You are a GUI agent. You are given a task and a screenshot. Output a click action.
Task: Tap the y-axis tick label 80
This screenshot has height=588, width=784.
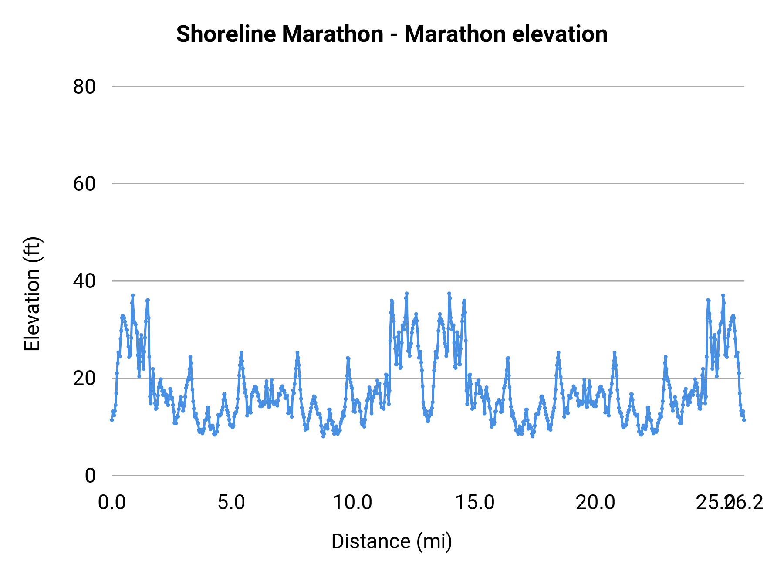84,87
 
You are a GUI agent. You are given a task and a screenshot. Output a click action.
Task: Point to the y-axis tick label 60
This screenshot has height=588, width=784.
84,184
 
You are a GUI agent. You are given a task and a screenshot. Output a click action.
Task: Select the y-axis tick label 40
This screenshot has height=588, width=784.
84,281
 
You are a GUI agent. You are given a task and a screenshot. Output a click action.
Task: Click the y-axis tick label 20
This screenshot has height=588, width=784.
84,378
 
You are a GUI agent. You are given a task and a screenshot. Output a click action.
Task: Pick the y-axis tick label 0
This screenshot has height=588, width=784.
90,475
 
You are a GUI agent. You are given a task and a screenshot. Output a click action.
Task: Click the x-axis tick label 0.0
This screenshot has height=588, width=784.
112,503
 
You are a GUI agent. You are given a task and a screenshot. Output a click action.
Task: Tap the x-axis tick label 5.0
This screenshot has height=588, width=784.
231,503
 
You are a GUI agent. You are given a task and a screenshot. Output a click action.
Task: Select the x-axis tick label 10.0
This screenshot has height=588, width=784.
352,503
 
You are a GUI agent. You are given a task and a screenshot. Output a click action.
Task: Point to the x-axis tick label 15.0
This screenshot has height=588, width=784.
474,503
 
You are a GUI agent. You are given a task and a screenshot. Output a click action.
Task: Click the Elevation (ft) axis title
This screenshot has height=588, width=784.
32,294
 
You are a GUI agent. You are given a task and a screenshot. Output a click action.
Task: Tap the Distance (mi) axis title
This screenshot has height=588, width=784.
392,541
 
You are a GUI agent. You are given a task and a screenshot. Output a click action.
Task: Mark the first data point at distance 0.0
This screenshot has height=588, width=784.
112,420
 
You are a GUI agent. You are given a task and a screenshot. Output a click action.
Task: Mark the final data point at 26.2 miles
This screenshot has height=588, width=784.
744,420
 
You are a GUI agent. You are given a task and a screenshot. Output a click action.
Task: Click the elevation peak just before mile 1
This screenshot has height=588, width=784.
133,295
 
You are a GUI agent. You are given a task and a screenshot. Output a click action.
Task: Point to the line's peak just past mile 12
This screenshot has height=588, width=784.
406,294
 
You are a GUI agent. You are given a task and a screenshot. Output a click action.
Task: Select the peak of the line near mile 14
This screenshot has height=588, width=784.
449,294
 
